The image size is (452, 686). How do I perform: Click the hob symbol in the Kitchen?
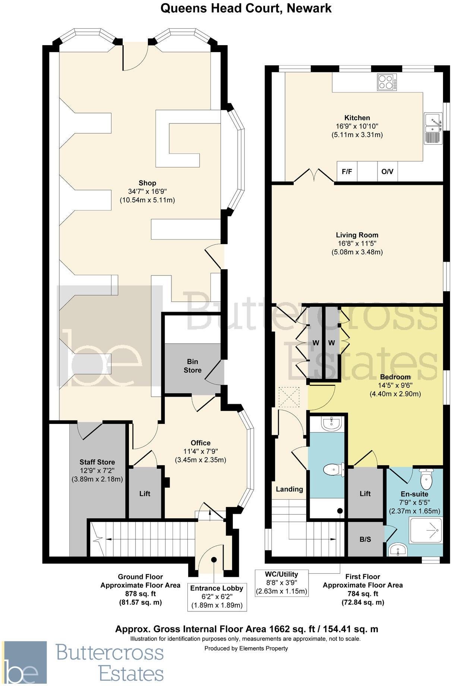(x=387, y=82)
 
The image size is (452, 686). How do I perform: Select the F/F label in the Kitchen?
(x=347, y=172)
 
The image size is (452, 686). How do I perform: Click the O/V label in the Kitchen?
(x=387, y=172)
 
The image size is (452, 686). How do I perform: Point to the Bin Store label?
(x=192, y=366)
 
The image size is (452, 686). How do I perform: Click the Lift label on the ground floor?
(x=145, y=494)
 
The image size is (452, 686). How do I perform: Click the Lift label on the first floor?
(x=365, y=494)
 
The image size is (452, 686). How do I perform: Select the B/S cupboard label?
(x=365, y=539)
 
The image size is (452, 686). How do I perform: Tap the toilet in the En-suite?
(x=426, y=479)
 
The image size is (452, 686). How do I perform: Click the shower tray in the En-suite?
(x=426, y=530)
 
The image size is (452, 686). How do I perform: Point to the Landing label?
(x=289, y=489)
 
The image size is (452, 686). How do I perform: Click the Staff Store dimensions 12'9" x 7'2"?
(x=97, y=471)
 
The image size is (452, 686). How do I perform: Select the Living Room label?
(x=357, y=235)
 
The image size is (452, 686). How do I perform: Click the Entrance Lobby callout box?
(x=216, y=597)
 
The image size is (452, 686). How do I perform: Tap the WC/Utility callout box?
(x=281, y=583)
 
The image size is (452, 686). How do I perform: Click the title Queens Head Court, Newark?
(x=246, y=8)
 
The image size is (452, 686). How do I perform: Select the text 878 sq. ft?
(x=140, y=594)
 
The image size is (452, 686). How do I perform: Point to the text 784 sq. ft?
(x=363, y=594)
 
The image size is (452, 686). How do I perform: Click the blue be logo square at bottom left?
(x=25, y=662)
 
